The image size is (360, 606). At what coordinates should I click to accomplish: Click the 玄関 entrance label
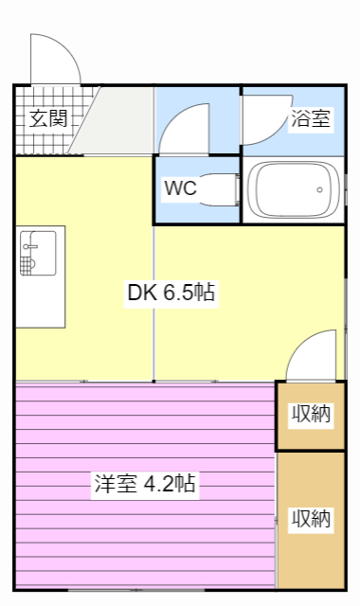47,119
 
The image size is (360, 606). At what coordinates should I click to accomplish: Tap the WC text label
180,187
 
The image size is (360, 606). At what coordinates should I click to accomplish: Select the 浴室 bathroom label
310,119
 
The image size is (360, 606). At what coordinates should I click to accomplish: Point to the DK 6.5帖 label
171,294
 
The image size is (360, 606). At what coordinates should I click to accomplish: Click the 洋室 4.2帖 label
144,484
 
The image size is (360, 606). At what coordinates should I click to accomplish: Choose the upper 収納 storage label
310,414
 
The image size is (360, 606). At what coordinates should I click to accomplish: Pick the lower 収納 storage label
310,519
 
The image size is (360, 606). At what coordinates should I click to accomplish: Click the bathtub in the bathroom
293,189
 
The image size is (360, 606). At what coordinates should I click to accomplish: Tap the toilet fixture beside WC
225,189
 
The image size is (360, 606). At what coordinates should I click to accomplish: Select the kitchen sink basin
29,241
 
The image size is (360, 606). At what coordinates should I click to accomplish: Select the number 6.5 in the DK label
177,294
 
